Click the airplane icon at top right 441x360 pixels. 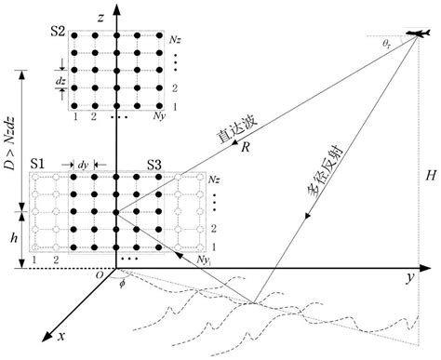coord(418,33)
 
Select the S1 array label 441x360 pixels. coord(39,165)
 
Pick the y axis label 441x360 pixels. coord(408,278)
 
